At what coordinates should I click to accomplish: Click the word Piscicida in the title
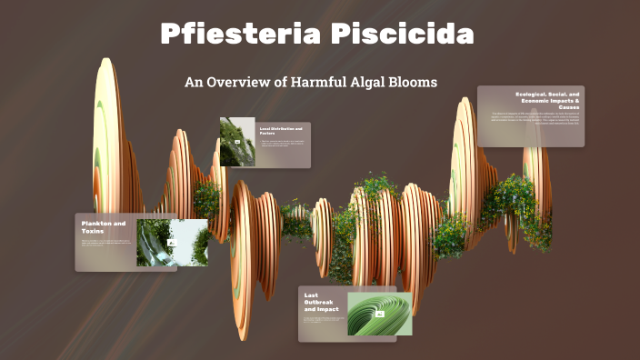403,35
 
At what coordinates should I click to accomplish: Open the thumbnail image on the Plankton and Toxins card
172,242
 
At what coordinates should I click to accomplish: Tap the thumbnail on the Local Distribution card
237,142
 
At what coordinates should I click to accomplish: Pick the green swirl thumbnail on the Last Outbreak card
379,314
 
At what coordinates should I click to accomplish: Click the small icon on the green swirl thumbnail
380,314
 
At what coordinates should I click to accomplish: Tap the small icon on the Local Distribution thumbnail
237,143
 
